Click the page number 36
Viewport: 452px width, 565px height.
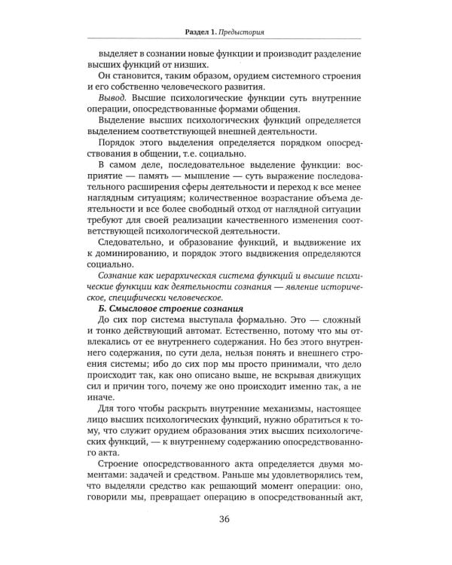[x=225, y=539]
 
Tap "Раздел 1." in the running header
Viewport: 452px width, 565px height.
[x=201, y=32]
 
